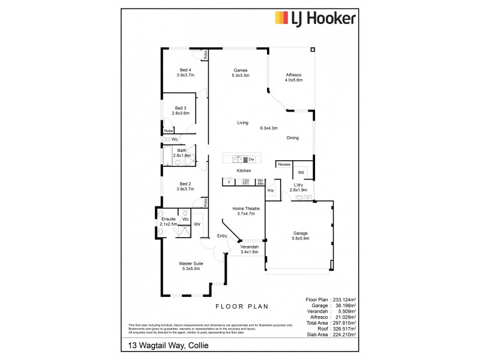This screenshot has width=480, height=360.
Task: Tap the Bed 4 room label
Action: click(x=185, y=73)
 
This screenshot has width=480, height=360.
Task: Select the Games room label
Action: click(x=240, y=73)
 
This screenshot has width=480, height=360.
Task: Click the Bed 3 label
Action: click(x=181, y=110)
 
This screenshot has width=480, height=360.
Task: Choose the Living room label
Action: click(x=242, y=123)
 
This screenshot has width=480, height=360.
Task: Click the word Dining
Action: click(x=292, y=138)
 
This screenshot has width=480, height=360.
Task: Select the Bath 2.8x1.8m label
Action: click(x=181, y=153)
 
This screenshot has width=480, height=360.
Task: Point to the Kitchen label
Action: click(x=243, y=172)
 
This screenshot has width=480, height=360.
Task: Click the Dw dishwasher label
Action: click(x=252, y=160)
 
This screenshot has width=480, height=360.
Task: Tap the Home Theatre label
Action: click(x=244, y=211)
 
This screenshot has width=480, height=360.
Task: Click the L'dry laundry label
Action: click(x=298, y=187)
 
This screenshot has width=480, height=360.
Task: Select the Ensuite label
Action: click(x=169, y=222)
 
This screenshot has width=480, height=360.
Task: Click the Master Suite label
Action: click(x=191, y=266)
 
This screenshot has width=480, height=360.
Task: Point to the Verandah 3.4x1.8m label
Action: click(x=248, y=250)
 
